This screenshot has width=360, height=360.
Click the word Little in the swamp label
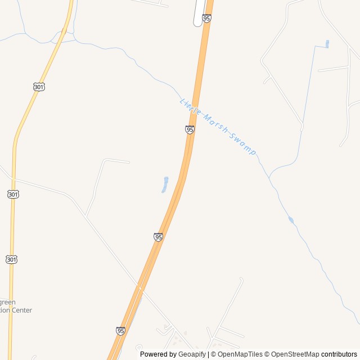coord(188,106)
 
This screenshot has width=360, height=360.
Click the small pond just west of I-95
coord(165,184)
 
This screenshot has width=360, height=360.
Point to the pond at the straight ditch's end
coord(327,43)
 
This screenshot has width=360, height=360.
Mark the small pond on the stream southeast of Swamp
coord(291,219)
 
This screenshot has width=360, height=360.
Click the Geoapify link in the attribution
coord(192,354)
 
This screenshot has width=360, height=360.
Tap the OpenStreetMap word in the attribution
coord(295,354)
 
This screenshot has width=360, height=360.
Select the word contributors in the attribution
coord(339,354)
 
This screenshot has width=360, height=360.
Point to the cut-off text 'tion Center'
coord(16,310)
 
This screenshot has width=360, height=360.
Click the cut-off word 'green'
coord(8,301)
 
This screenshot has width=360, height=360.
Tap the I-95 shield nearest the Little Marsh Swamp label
coord(190,130)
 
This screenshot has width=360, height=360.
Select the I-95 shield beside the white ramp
coord(206,19)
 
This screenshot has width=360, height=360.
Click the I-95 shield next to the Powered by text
coord(121,331)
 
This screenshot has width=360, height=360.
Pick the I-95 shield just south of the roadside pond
coord(158,237)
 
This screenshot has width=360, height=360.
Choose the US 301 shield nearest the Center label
coord(12,259)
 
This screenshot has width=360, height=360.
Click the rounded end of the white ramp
coord(197,24)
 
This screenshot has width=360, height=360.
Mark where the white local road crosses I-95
coord(139,288)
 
